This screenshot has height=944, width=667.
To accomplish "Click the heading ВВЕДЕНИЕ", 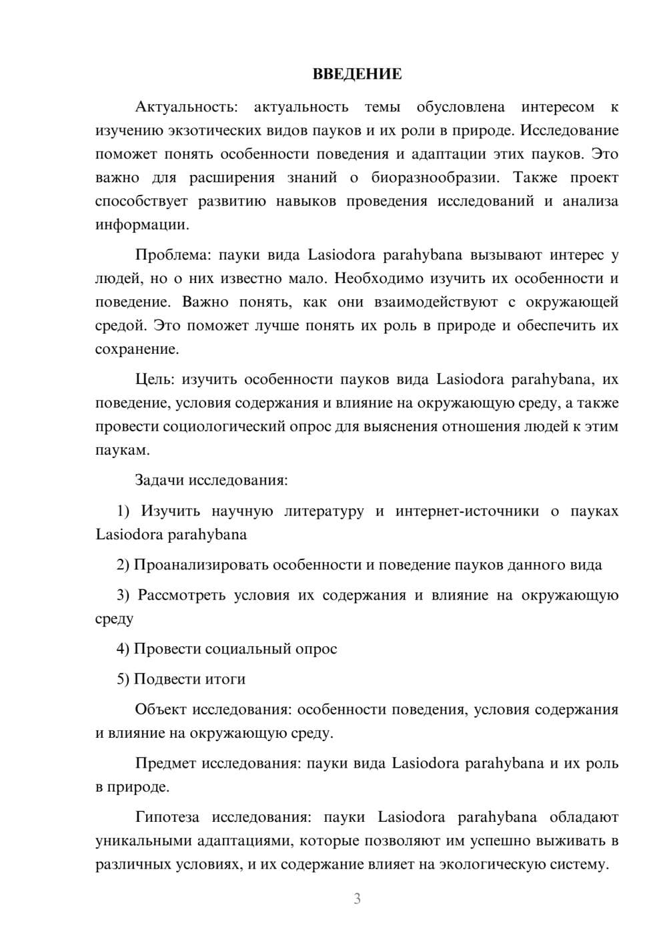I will pos(357,74).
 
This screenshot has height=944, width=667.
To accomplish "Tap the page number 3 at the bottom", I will pos(357,899).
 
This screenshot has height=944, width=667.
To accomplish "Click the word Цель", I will pos(154,379).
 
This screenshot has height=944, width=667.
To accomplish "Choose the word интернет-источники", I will pos(467,511).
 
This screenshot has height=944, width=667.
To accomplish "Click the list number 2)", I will pos(123,565).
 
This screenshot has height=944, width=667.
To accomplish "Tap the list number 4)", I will pos(123,649).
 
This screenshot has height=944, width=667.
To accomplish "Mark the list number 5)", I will pos(123,679).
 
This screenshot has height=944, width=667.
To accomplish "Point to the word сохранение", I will pos(136,349).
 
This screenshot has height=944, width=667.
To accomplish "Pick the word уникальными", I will pos(139,841).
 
